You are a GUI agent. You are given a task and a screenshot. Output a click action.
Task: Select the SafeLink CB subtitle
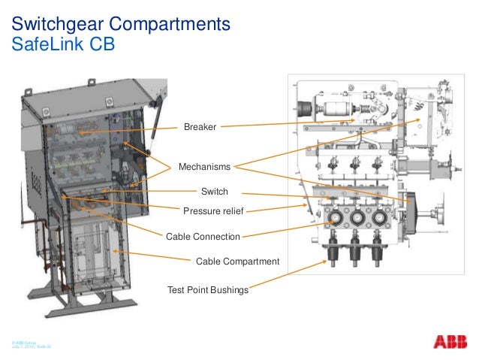(x=63, y=44)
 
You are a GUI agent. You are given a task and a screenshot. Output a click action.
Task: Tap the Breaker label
(x=200, y=128)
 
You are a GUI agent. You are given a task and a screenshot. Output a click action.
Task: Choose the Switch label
(x=215, y=192)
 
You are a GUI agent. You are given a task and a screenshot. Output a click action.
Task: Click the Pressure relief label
(x=214, y=210)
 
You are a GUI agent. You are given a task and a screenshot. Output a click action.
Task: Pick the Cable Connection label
(x=203, y=237)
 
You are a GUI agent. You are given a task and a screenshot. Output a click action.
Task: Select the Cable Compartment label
(x=237, y=261)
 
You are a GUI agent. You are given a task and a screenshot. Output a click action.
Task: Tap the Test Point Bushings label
(x=207, y=289)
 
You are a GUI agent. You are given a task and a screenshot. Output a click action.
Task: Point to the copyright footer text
(x=30, y=342)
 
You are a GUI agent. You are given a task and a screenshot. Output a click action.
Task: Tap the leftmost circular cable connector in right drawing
(x=333, y=219)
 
